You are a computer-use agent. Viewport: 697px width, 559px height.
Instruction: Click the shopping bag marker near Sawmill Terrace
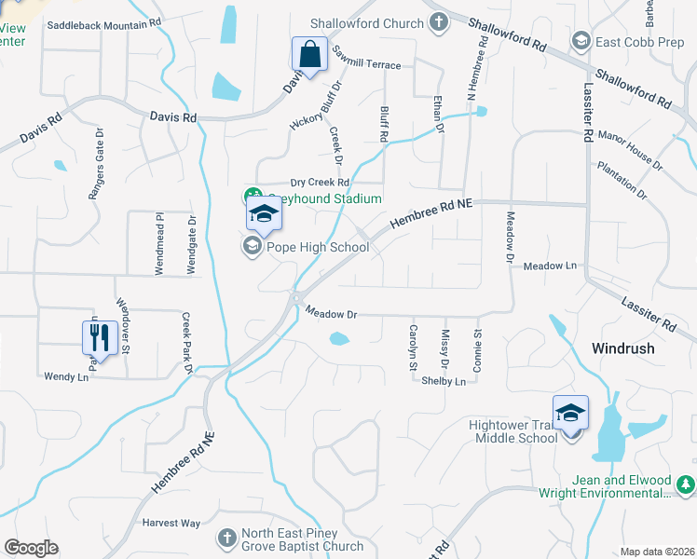[x=309, y=55]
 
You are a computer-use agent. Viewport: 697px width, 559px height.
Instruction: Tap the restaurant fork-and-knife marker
[x=101, y=336]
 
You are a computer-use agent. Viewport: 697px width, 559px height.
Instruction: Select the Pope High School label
[x=318, y=247]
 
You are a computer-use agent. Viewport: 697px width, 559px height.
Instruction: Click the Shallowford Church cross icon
[x=439, y=23]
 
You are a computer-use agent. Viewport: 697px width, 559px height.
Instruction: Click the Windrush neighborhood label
[x=622, y=348]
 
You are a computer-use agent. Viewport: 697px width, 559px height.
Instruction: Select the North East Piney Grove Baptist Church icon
[x=226, y=538]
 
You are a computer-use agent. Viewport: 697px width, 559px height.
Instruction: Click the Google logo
[x=31, y=548]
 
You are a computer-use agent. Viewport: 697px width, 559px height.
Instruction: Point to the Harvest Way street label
[x=171, y=523]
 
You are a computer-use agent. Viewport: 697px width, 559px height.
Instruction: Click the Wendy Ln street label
[x=65, y=376]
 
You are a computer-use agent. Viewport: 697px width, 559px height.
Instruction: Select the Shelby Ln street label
[x=443, y=381]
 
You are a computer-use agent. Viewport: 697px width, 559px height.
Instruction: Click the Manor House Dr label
[x=629, y=149]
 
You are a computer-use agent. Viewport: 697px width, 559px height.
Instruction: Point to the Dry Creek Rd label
[x=319, y=183]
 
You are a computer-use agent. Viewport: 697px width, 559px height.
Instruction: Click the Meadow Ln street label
[x=550, y=266]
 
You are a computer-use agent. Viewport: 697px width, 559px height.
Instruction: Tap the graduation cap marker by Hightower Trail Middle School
[x=570, y=413]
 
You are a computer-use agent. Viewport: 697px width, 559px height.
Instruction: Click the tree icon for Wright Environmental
[x=686, y=484]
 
